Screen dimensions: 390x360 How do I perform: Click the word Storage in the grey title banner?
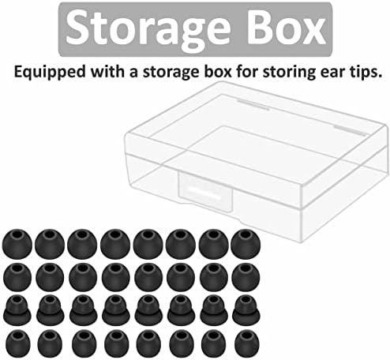[x=148, y=30]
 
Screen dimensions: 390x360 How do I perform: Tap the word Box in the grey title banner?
[x=287, y=28]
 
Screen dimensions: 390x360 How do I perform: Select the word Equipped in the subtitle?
[x=50, y=73]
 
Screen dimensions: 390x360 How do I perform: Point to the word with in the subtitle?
[x=107, y=71]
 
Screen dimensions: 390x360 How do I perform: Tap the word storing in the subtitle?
[x=289, y=73]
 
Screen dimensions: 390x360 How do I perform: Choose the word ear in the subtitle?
[x=332, y=73]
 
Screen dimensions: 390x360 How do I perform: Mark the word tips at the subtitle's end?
[x=365, y=73]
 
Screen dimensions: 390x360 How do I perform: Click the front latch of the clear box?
[x=205, y=190]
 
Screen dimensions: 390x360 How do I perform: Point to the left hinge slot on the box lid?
[x=253, y=105]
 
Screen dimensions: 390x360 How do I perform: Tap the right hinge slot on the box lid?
[x=351, y=130]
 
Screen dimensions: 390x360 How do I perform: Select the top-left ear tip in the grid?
[x=17, y=244]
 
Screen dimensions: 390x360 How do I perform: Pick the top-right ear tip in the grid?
[x=246, y=244]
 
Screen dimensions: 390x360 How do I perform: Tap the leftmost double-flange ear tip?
[x=17, y=310]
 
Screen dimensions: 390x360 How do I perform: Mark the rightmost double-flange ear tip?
[x=246, y=310]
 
